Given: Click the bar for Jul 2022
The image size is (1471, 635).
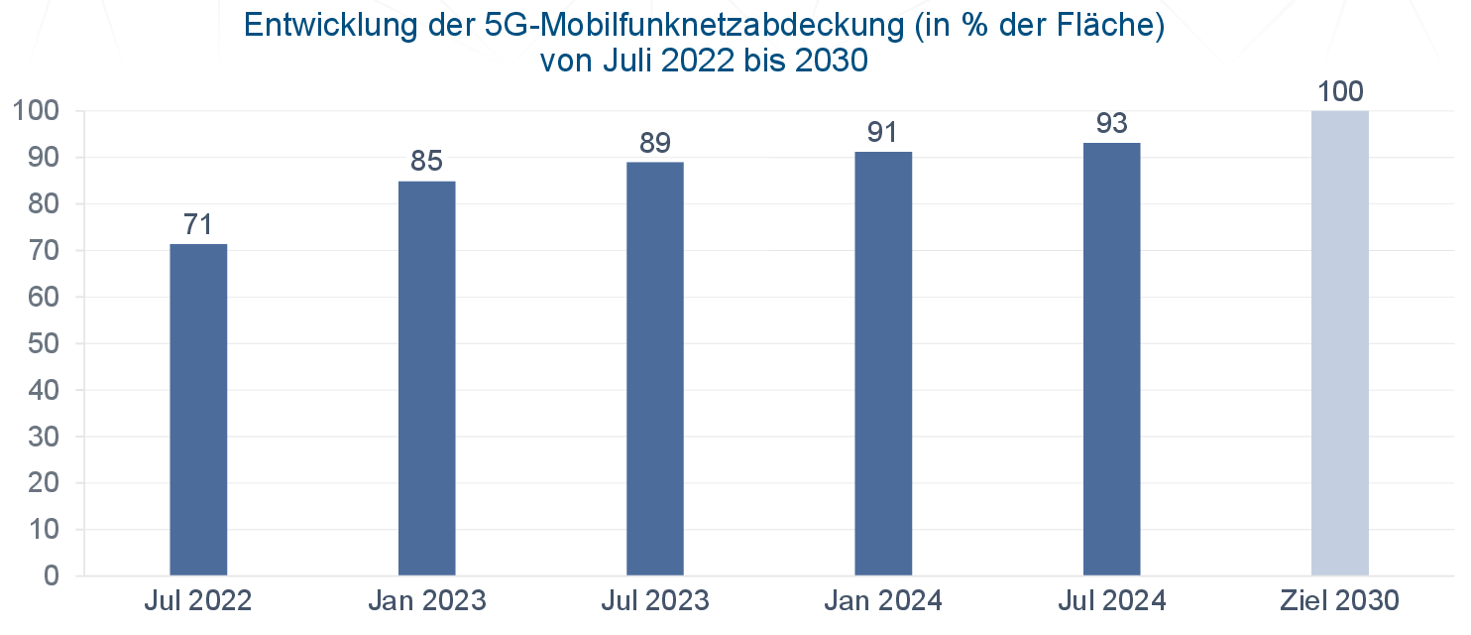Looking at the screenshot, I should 198,409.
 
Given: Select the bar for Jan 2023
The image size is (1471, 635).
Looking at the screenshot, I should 426,377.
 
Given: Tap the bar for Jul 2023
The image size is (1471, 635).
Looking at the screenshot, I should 655,368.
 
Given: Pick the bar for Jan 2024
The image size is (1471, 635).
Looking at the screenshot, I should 883,363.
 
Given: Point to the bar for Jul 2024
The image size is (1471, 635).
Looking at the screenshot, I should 1111,358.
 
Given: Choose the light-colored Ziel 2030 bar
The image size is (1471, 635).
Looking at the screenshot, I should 1339,342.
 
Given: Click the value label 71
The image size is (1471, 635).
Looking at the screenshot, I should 198,224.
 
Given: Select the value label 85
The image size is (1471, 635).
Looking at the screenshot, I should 426,161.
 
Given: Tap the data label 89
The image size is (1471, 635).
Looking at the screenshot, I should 655,142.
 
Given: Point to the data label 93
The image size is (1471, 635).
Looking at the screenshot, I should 1111,123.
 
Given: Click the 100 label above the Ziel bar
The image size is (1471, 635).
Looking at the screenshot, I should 1339,92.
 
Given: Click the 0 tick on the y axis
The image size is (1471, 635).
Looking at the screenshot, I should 51,576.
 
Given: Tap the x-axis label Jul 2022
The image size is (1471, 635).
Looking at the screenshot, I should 197,600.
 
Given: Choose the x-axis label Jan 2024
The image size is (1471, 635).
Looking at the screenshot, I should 883,600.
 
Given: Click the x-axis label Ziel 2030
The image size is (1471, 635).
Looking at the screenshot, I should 1339,600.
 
